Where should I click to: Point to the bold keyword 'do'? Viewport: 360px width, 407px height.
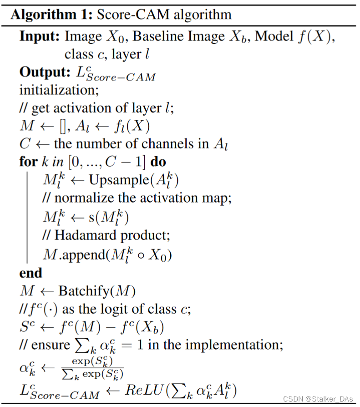click(x=158, y=162)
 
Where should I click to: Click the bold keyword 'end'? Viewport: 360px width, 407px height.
click(x=30, y=273)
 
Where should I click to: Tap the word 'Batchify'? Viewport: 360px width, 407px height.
click(x=86, y=291)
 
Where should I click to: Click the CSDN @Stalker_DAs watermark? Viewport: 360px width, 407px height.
click(x=318, y=399)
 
